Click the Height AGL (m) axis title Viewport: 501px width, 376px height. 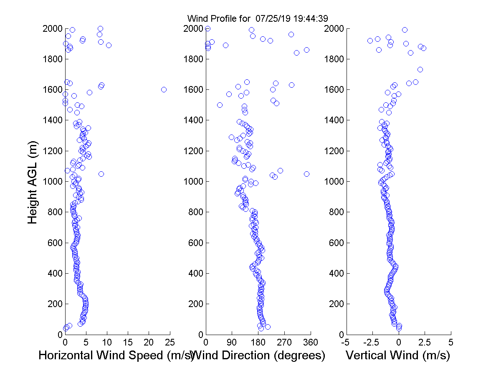point(33,181)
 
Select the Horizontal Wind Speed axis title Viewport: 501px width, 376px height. point(116,356)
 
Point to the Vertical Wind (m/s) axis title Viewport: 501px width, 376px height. point(398,356)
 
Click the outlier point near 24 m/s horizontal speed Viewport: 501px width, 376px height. point(164,89)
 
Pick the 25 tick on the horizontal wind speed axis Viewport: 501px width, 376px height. point(170,342)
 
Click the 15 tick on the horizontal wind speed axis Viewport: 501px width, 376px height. point(128,342)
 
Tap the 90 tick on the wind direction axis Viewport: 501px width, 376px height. point(232,342)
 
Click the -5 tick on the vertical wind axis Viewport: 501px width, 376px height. point(346,342)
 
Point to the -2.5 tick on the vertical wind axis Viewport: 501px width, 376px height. point(372,342)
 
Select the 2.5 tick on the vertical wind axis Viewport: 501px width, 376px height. point(425,342)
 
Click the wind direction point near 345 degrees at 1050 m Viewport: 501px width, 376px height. point(306,174)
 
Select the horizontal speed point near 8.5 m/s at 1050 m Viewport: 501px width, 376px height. point(101,174)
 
